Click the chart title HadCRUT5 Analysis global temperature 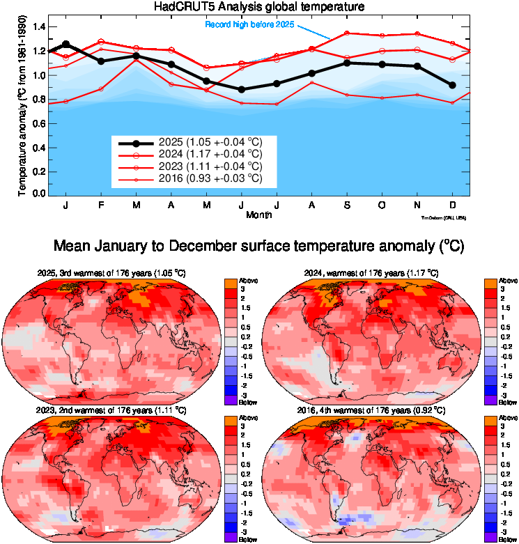(259, 7)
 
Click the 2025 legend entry (210, 142)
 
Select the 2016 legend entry (210, 179)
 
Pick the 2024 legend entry (210, 154)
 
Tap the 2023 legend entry (210, 166)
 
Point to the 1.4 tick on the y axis (39, 27)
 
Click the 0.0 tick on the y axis (39, 193)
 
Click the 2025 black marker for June (241, 89)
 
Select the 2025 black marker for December (452, 85)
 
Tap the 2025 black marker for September (346, 63)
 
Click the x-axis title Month (259, 215)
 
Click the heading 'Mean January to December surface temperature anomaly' (259, 247)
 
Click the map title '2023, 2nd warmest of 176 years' (112, 411)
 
